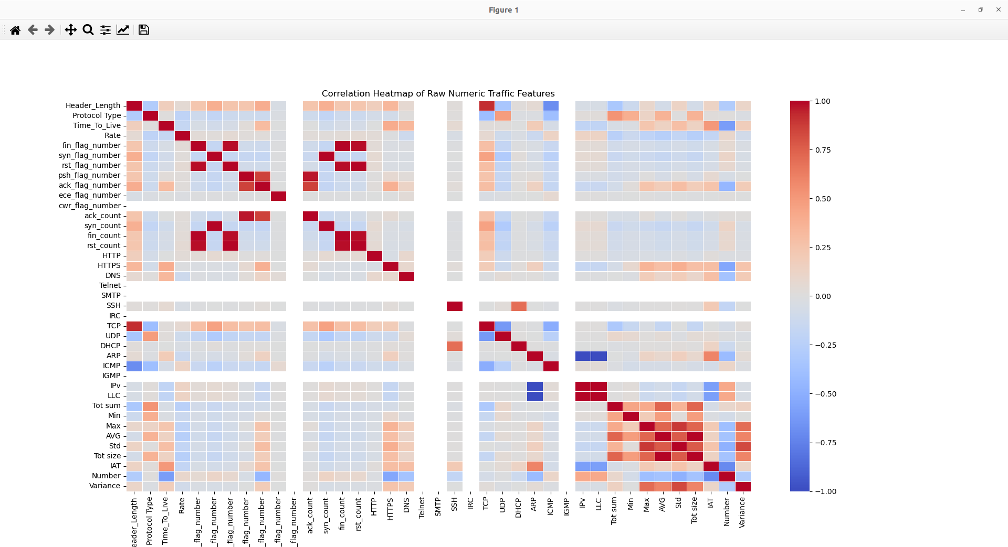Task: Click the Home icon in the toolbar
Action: [x=15, y=30]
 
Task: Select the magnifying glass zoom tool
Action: [x=88, y=30]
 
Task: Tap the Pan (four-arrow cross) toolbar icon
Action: [x=70, y=30]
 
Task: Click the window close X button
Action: [x=998, y=9]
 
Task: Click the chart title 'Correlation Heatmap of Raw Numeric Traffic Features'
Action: [x=438, y=93]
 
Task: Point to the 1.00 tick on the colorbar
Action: [x=822, y=101]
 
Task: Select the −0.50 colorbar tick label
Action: [x=825, y=394]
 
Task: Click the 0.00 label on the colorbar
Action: [x=823, y=296]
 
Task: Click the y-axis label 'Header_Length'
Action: [x=93, y=105]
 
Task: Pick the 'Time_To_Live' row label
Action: [x=97, y=125]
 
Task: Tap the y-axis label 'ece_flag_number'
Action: [x=90, y=195]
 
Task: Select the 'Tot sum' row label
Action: [x=106, y=405]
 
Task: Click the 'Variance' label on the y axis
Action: [x=104, y=486]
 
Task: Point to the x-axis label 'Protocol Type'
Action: [x=150, y=521]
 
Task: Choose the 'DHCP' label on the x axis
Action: [x=518, y=508]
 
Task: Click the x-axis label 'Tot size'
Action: [x=694, y=510]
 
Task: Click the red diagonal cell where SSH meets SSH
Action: [x=455, y=306]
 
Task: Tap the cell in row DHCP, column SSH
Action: [x=455, y=346]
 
